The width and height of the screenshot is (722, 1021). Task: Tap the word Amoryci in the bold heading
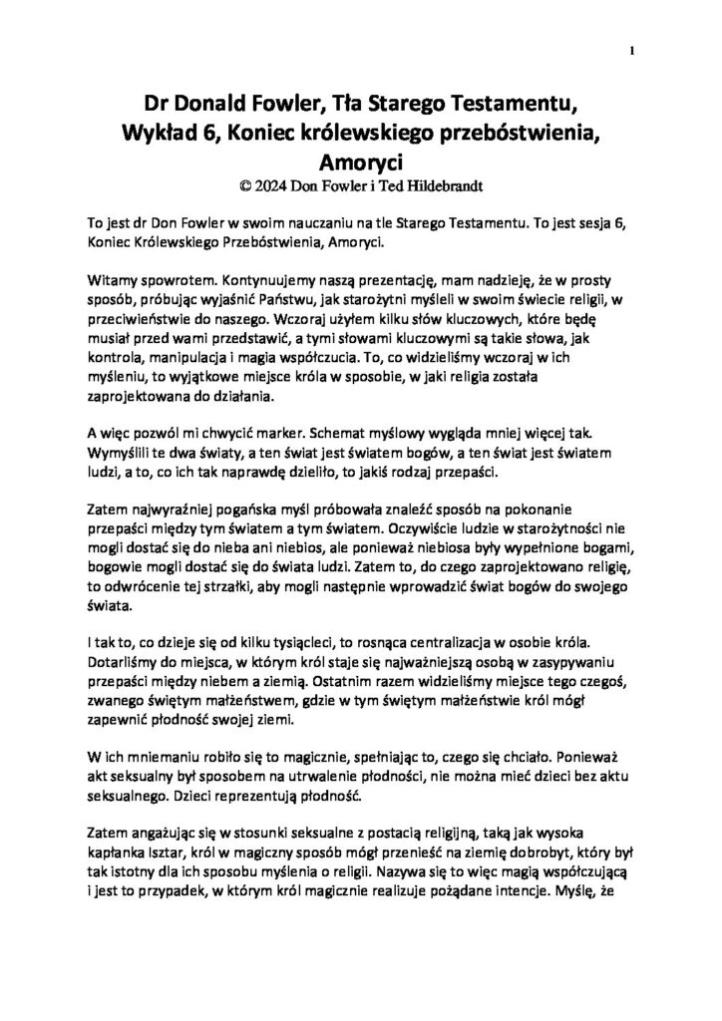[x=360, y=161]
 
